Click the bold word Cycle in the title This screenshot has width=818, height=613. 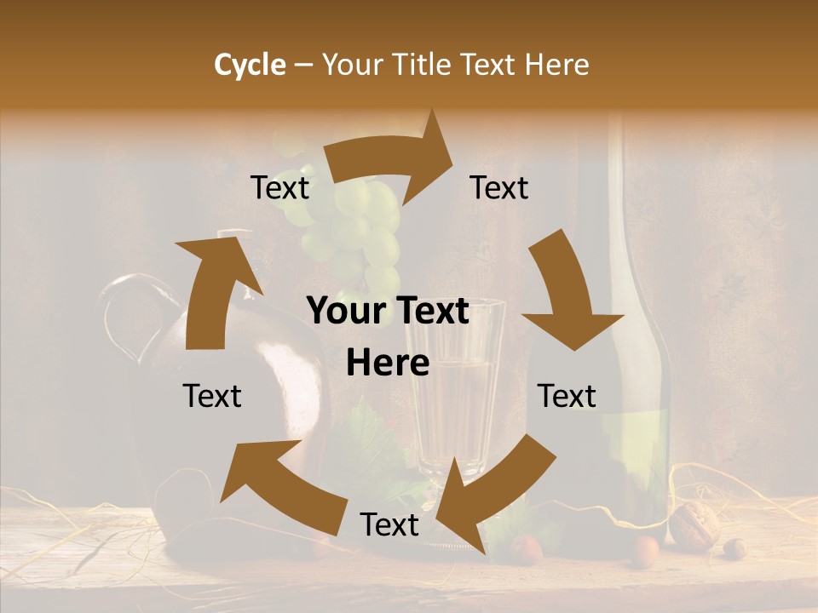250,65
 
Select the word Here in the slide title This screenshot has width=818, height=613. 556,65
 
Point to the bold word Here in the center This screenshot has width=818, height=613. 388,364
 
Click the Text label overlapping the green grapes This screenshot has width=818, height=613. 279,188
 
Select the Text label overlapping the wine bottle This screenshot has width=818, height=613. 567,396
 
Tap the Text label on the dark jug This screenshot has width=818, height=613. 212,396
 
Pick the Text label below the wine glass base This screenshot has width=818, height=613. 389,524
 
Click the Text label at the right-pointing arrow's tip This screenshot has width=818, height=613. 499,188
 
